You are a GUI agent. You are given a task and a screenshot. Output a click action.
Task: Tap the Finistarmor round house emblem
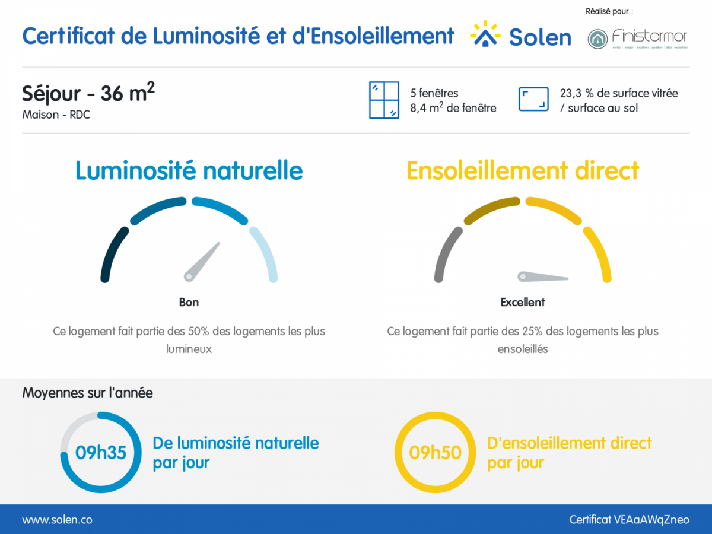(x=597, y=39)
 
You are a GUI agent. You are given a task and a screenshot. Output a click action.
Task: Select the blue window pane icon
(x=384, y=100)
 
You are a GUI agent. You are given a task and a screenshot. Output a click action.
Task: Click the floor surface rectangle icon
(x=533, y=99)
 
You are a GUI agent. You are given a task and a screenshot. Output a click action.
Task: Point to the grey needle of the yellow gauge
(x=543, y=276)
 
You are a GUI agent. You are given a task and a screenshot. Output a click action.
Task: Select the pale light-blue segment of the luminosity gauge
(x=266, y=253)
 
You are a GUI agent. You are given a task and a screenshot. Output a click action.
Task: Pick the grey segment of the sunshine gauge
(x=446, y=253)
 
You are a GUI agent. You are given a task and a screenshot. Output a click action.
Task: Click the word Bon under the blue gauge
(x=189, y=302)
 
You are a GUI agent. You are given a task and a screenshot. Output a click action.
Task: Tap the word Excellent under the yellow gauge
(x=522, y=302)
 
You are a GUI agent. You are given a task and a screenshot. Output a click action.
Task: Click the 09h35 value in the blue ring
(x=101, y=453)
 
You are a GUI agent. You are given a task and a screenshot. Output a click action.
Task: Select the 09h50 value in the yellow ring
(x=435, y=453)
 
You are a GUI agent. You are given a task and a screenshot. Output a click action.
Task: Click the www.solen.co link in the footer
(x=57, y=520)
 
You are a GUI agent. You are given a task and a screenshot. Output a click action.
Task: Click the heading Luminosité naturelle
(x=189, y=171)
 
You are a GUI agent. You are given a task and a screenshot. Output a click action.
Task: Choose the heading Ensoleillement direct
(x=522, y=171)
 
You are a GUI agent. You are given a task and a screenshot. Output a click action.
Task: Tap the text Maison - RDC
(x=56, y=115)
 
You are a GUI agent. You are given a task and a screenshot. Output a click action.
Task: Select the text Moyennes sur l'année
(x=87, y=393)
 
